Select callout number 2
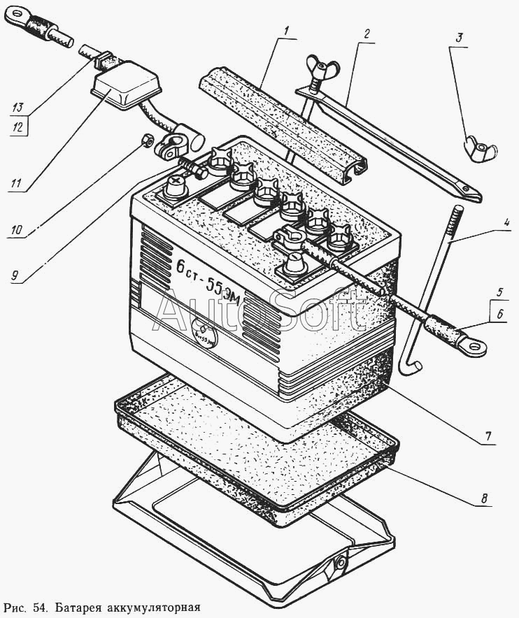tap(366, 34)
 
